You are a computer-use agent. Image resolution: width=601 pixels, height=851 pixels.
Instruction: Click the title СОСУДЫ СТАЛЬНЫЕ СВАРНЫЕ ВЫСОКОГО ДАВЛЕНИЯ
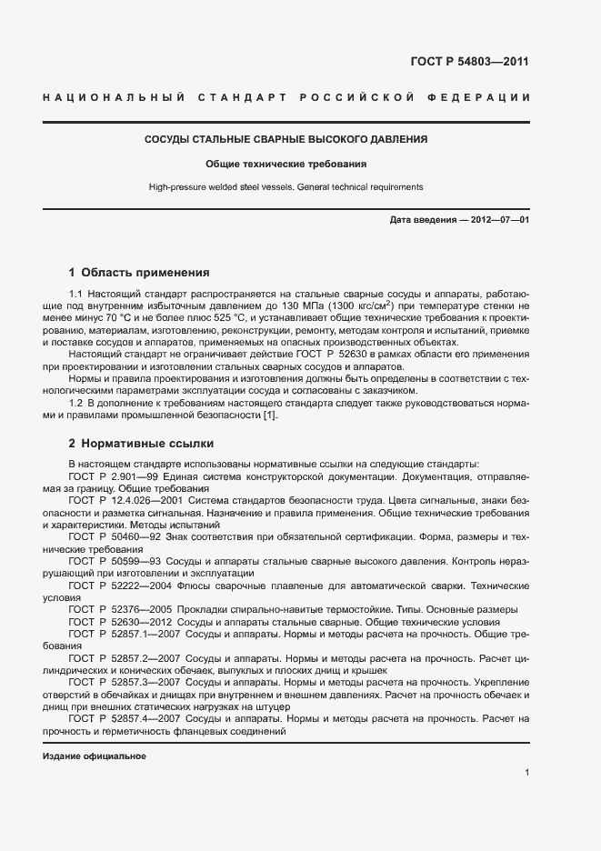coord(286,140)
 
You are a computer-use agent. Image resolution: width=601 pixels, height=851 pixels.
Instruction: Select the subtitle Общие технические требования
coord(285,165)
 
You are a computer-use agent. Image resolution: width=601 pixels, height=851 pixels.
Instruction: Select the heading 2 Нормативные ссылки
coord(141,444)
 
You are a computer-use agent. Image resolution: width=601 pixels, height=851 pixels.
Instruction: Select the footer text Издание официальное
coord(95,756)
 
